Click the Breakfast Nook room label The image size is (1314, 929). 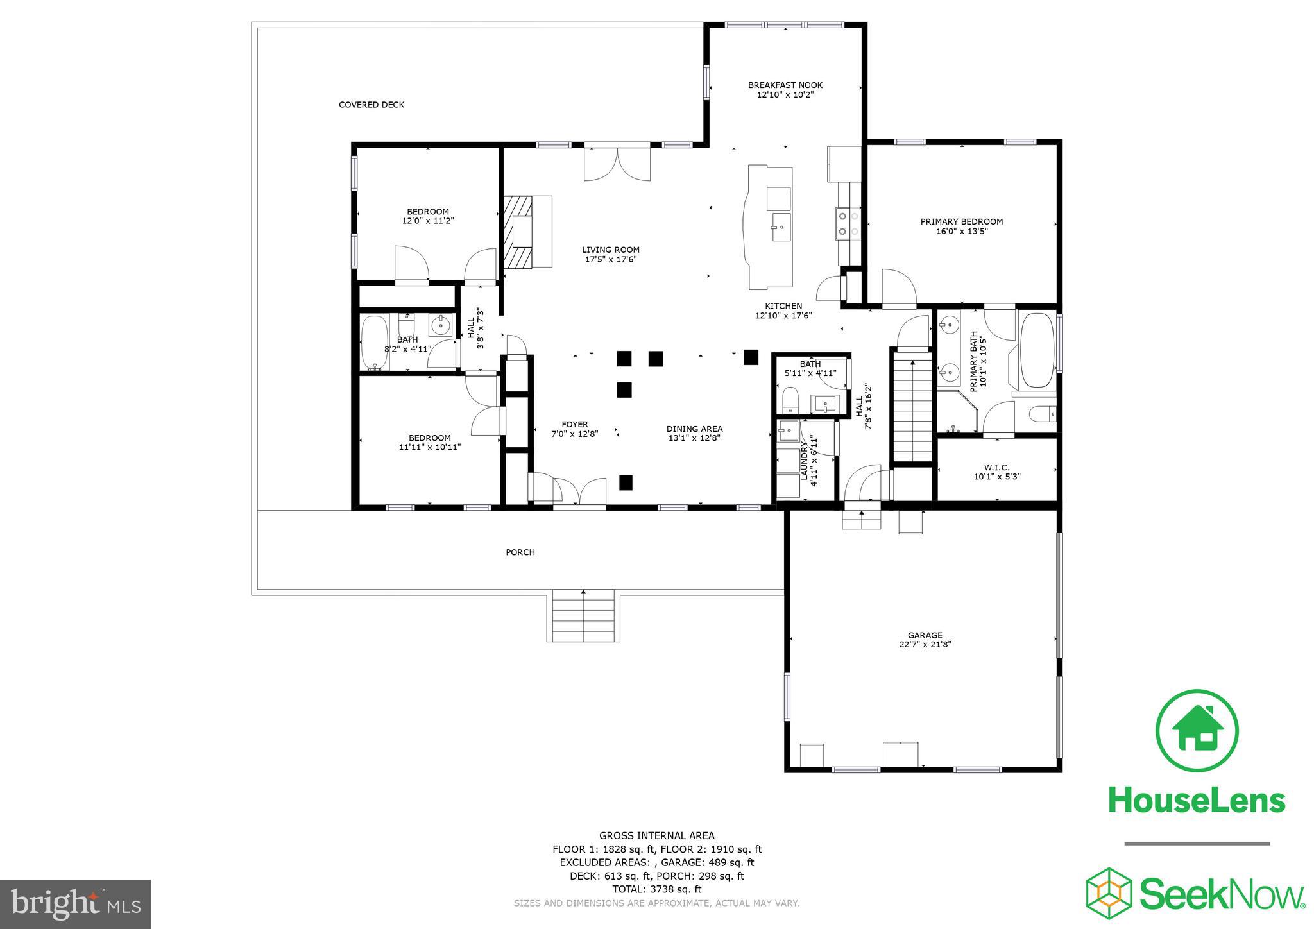tap(785, 85)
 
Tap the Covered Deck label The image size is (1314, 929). tap(371, 105)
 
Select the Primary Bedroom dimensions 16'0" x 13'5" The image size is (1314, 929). tap(961, 231)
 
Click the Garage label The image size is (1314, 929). tap(925, 635)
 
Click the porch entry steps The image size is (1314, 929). tap(584, 616)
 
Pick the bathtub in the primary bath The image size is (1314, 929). tap(1037, 350)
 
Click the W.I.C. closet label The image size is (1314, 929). tap(996, 467)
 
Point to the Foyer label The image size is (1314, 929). tap(574, 424)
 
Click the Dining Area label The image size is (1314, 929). tap(694, 429)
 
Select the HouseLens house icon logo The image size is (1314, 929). tap(1197, 730)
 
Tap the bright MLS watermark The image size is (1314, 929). tap(75, 904)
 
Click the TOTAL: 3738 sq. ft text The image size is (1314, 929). tap(656, 889)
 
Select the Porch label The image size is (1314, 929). tap(520, 552)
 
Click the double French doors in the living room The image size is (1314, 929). tap(617, 164)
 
